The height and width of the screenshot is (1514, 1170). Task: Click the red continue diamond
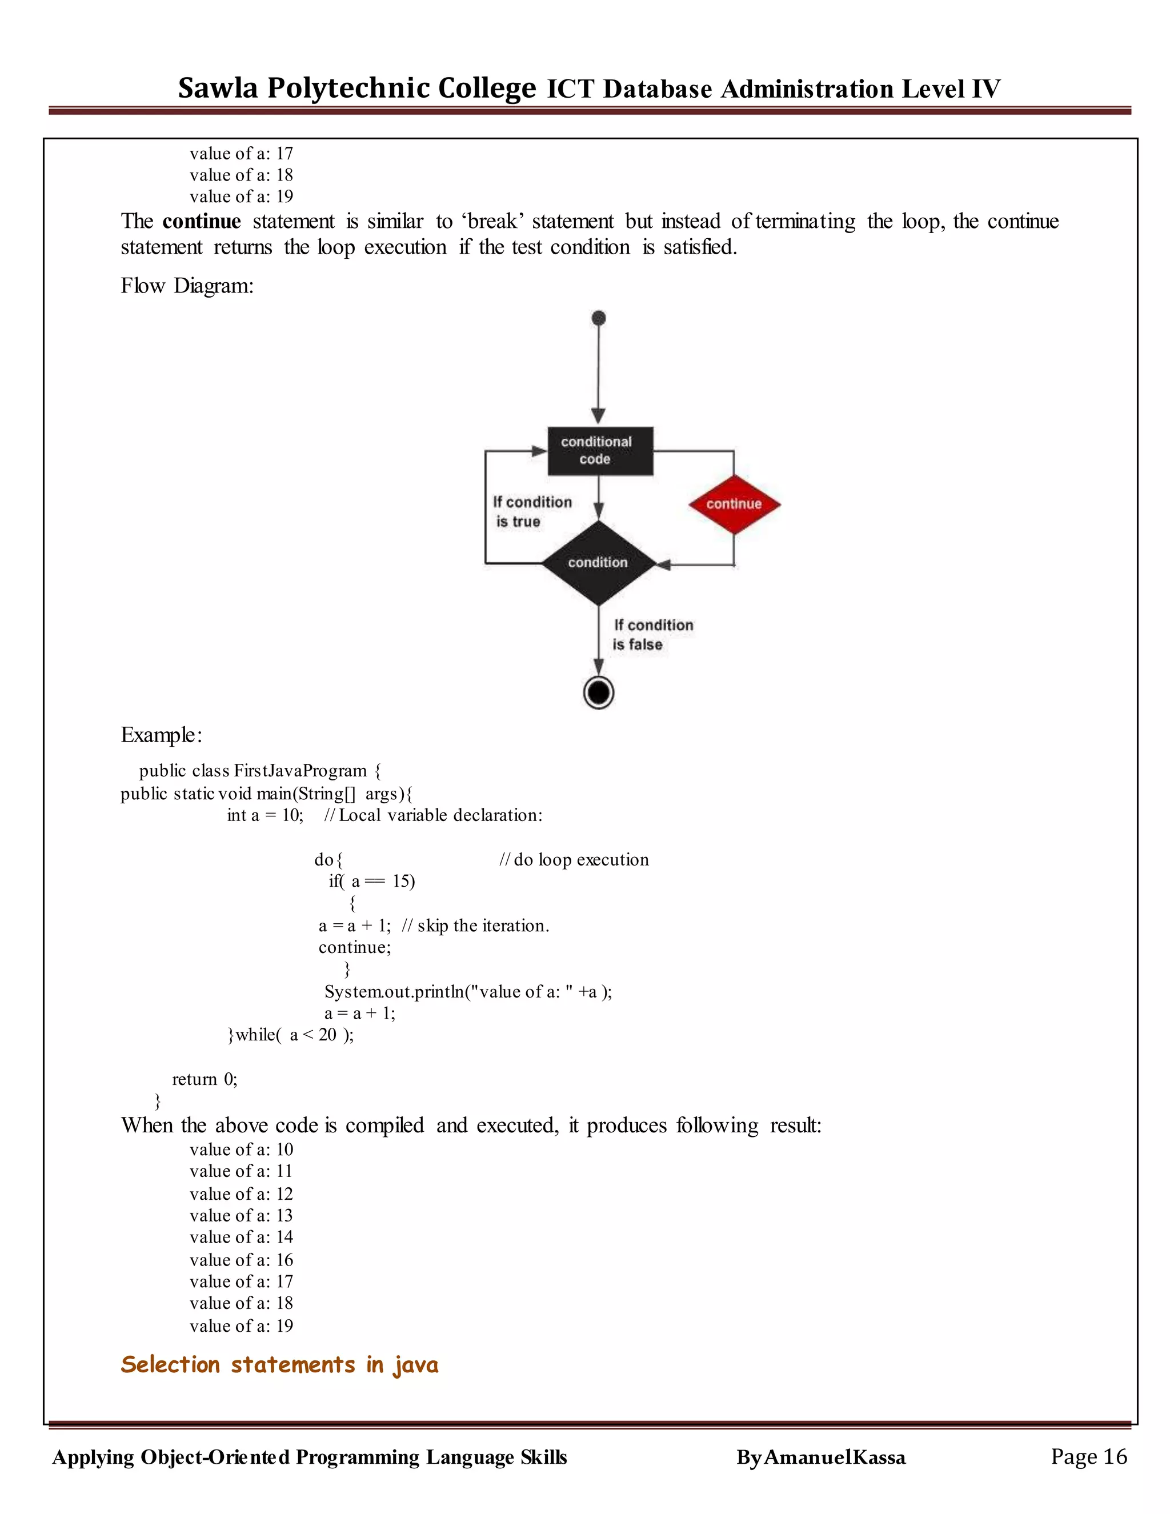(734, 504)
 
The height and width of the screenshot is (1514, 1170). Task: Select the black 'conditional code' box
(599, 451)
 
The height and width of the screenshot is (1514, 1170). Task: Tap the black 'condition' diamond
(598, 563)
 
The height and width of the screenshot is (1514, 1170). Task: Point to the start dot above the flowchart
(599, 318)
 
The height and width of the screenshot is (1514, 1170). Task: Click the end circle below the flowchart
(599, 692)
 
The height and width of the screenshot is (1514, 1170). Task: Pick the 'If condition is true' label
(532, 511)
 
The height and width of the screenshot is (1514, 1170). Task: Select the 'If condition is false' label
(652, 634)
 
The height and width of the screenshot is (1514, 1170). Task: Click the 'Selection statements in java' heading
(279, 1365)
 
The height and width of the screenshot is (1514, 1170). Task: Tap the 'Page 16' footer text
(1088, 1456)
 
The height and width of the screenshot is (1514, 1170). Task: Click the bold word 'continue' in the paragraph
(202, 221)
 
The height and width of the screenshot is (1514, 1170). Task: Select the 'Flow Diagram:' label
(187, 286)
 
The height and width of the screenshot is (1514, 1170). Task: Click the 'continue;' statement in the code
(354, 947)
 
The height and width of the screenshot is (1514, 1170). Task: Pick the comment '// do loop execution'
(574, 860)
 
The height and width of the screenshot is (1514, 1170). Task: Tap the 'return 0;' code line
(205, 1079)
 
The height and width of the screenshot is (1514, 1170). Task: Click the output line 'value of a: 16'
(241, 1260)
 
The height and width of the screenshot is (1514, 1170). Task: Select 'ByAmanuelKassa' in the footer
(821, 1457)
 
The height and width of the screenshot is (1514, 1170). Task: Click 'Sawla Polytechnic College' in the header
(357, 88)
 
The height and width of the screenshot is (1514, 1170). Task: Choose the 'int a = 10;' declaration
(265, 815)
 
